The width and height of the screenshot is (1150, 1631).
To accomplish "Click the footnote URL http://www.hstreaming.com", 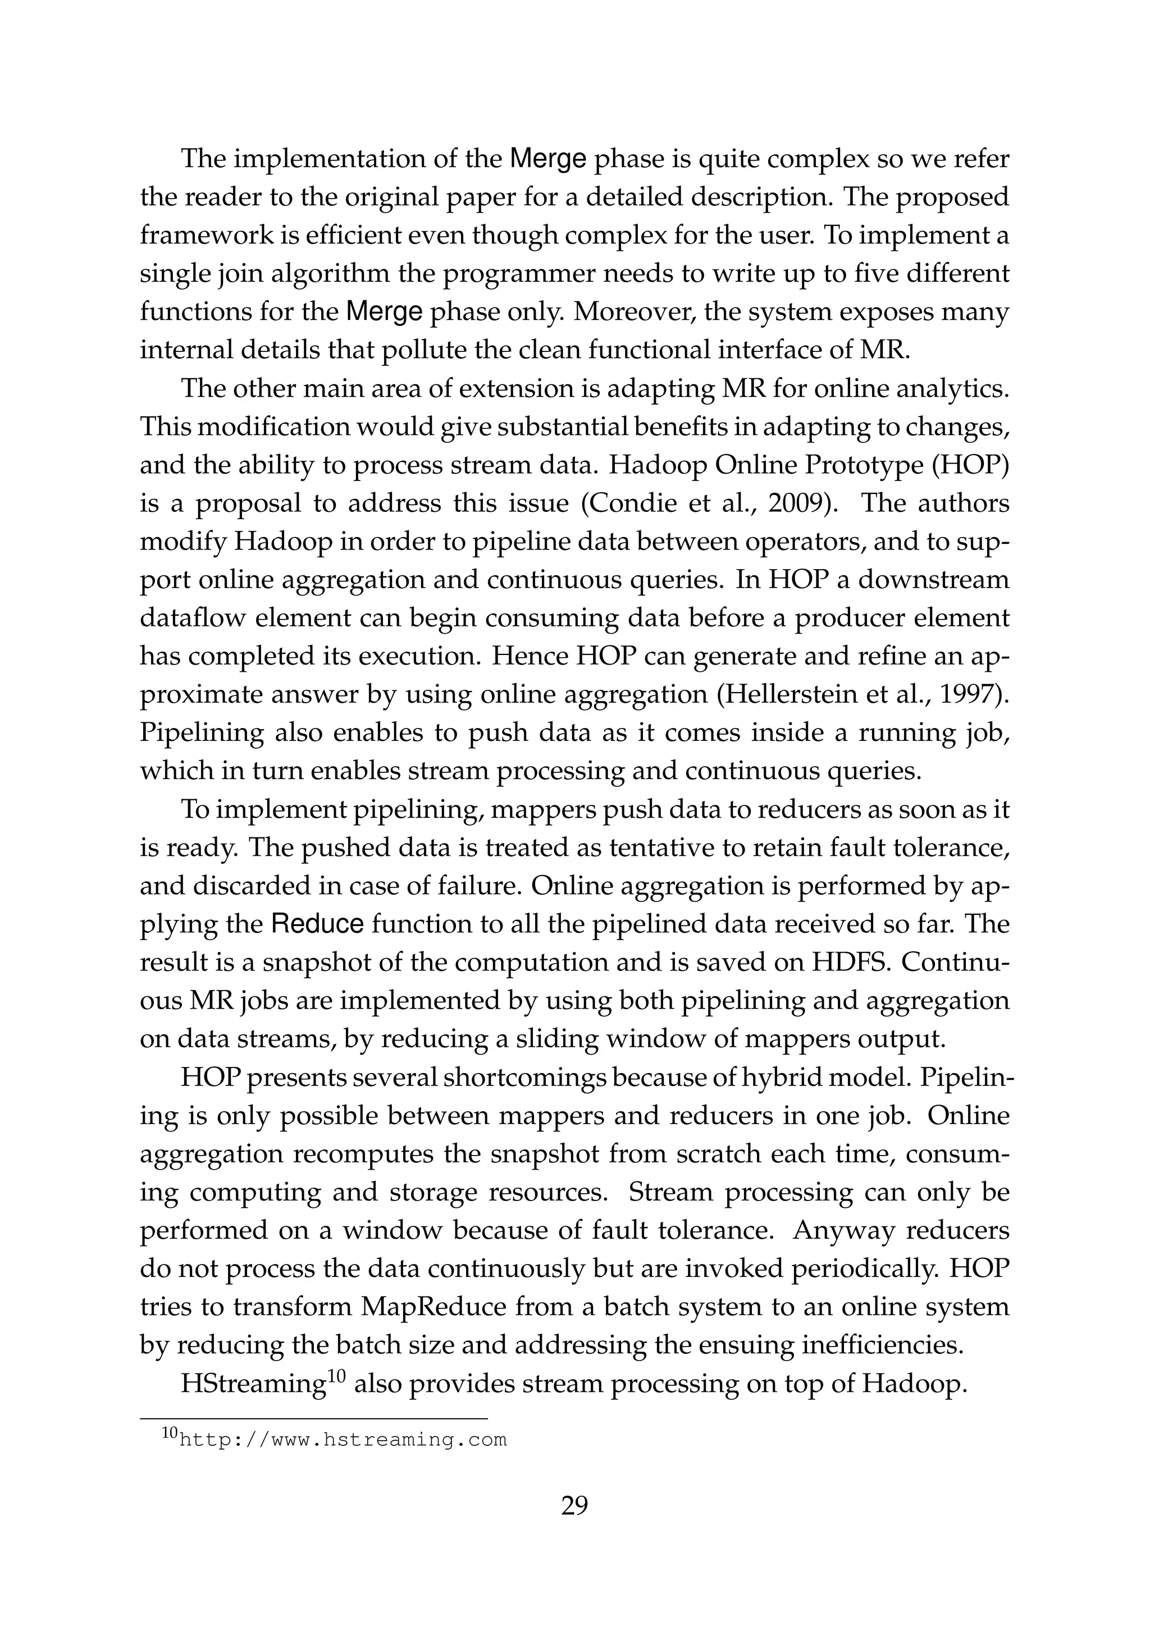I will point(343,1440).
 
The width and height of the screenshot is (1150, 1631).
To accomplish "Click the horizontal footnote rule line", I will point(313,1419).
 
